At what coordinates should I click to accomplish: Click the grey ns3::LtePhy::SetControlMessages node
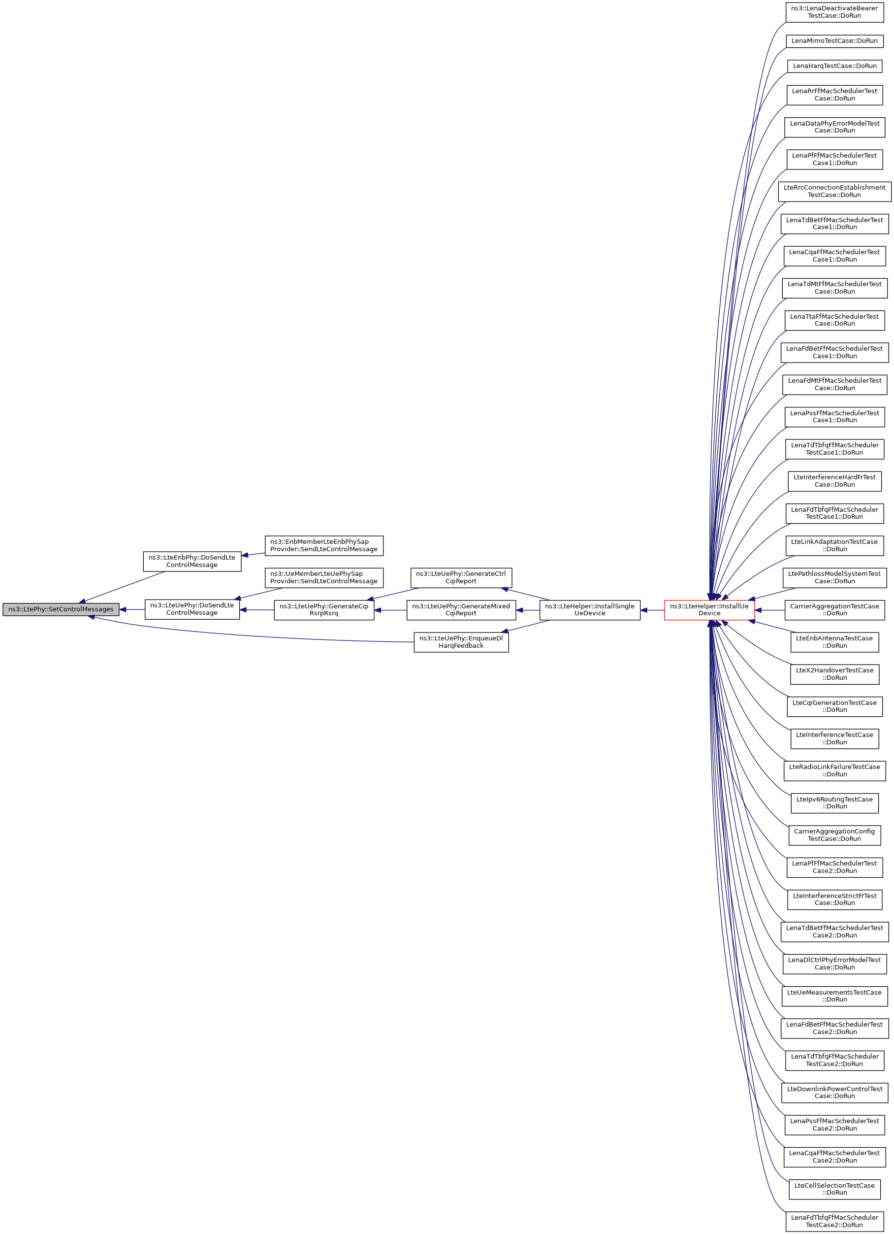(x=61, y=609)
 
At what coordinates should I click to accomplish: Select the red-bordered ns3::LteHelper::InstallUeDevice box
(x=709, y=609)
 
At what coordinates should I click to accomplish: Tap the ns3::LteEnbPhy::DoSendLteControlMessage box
(x=192, y=561)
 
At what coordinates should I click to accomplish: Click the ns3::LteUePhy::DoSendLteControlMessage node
(x=192, y=609)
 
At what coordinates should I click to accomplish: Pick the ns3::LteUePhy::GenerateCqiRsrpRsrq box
(x=324, y=610)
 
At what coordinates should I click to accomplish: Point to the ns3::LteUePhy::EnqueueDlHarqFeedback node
(x=461, y=642)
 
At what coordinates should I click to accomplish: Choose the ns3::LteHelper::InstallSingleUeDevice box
(x=589, y=610)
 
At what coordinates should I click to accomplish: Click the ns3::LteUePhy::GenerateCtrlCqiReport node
(x=461, y=577)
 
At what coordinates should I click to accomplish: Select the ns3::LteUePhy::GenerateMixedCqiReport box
(x=461, y=610)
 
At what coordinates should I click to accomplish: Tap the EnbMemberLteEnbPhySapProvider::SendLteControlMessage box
(x=324, y=545)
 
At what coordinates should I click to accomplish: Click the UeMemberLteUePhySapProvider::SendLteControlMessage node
(x=324, y=577)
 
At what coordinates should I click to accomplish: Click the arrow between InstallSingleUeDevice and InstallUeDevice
(x=652, y=610)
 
